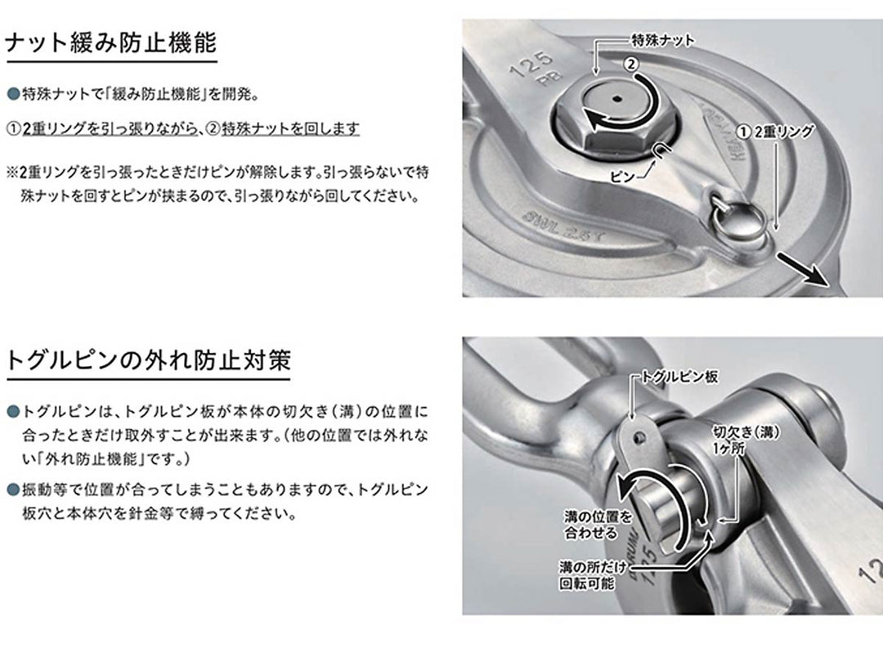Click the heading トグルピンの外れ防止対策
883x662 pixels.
(x=148, y=360)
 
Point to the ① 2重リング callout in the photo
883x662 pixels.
(x=775, y=131)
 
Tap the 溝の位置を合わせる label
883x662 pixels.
(x=599, y=524)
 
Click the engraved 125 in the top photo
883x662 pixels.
(x=525, y=65)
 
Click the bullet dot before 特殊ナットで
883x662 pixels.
(x=12, y=94)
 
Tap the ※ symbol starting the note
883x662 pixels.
(x=12, y=173)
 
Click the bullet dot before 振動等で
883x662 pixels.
(x=12, y=490)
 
